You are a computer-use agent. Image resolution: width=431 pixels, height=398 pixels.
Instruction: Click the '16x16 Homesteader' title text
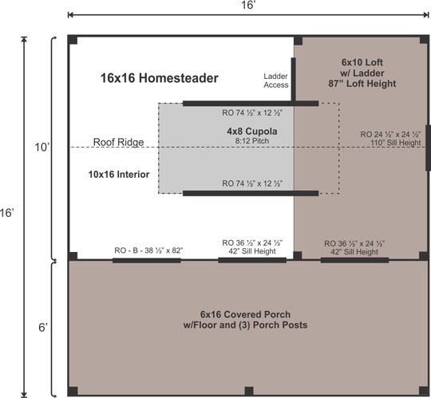point(159,78)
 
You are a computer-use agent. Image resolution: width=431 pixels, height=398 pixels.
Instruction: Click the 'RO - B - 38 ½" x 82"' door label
point(149,250)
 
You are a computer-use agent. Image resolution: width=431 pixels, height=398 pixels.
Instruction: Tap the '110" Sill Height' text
point(390,142)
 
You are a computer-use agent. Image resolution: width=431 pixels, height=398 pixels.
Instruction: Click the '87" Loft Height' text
point(362,84)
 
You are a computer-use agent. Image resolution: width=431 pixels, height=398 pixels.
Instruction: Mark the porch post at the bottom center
point(249,391)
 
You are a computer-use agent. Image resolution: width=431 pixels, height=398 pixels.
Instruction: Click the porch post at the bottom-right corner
point(421,391)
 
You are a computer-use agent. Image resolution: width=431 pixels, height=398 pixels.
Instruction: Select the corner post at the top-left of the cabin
point(73,41)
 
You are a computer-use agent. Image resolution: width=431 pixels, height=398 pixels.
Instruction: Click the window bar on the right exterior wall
point(429,148)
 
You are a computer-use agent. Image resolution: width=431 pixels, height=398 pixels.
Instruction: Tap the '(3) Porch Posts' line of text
point(247,325)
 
